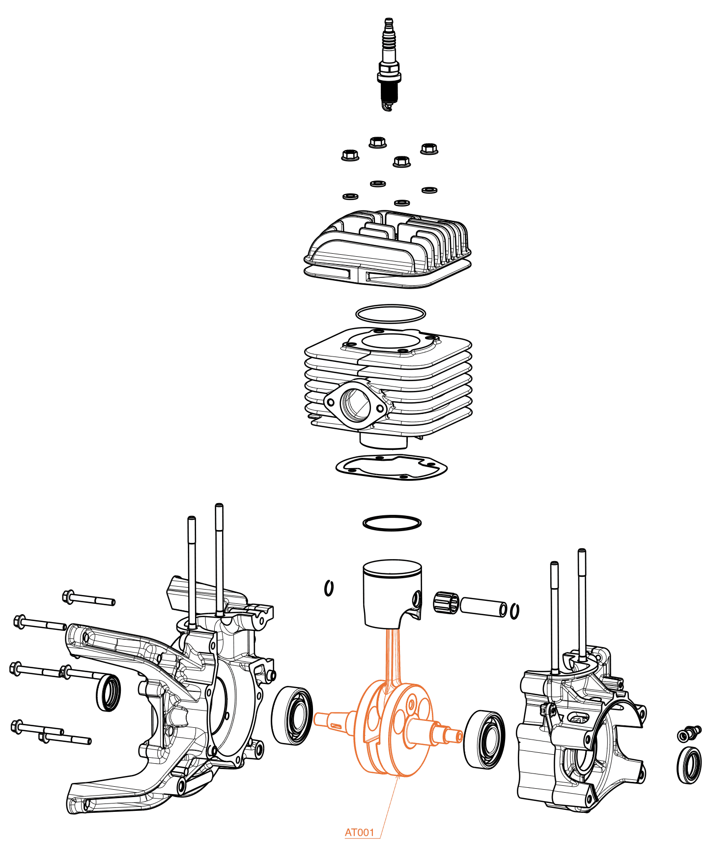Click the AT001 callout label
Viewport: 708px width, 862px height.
360,832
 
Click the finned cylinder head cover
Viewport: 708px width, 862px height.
388,249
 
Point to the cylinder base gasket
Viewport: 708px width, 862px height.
392,468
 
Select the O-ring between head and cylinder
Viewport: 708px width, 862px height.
391,314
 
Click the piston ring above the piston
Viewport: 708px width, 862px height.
392,523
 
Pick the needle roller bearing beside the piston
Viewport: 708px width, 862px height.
446,602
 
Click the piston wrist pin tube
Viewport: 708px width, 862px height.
484,606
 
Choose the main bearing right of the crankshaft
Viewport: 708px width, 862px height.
484,739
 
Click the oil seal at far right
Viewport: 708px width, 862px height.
689,765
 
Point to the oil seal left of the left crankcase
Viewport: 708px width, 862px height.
108,693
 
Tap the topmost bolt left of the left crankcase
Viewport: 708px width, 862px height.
89,598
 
